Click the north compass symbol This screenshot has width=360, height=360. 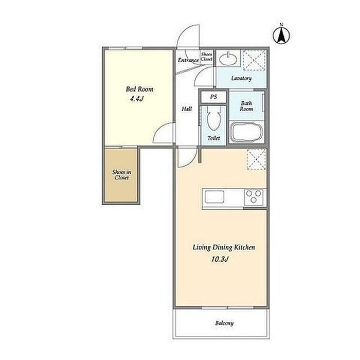(281, 35)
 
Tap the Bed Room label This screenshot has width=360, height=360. (139, 89)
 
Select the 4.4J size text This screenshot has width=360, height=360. (137, 99)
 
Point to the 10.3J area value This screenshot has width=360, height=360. (220, 259)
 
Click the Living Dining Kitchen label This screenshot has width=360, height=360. (224, 247)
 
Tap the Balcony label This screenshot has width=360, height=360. (224, 323)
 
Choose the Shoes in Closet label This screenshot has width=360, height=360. (121, 175)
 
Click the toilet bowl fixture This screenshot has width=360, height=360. (213, 118)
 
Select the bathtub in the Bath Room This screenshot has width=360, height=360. (247, 132)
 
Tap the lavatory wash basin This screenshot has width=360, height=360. (228, 60)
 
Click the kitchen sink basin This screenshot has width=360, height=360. (214, 197)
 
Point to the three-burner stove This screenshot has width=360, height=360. (254, 197)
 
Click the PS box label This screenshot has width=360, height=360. (213, 97)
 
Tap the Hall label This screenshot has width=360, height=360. (187, 109)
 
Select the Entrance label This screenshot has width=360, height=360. (188, 60)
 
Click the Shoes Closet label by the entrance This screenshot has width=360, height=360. (207, 57)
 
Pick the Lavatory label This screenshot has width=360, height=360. (241, 78)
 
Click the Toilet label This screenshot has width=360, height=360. (213, 138)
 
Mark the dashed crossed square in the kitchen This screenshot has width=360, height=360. (256, 159)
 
